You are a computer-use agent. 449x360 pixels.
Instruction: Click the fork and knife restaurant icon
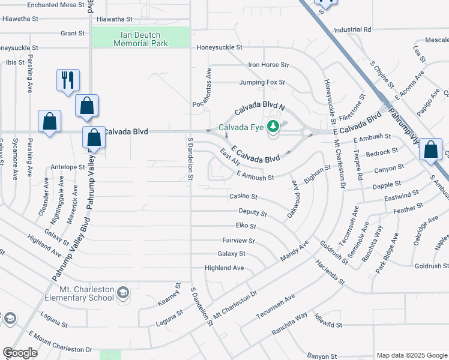(67, 79)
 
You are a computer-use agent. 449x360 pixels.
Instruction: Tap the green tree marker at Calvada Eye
(273, 126)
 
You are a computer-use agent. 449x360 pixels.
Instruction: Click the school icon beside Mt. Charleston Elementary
(122, 292)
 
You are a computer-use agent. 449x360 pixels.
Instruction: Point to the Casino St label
(243, 196)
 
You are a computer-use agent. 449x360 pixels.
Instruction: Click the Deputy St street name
(252, 212)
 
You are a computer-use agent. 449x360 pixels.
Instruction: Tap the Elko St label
(246, 226)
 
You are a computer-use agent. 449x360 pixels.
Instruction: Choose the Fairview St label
(238, 241)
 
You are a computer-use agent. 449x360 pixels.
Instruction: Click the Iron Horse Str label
(268, 65)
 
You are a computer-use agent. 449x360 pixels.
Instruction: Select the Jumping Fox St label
(262, 82)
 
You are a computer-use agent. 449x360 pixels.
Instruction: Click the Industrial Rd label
(352, 29)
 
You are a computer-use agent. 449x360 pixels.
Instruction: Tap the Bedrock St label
(382, 152)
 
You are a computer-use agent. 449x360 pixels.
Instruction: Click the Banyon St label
(324, 356)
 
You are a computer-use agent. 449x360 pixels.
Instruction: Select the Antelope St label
(68, 167)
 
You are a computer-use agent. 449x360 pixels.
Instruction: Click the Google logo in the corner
(20, 353)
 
